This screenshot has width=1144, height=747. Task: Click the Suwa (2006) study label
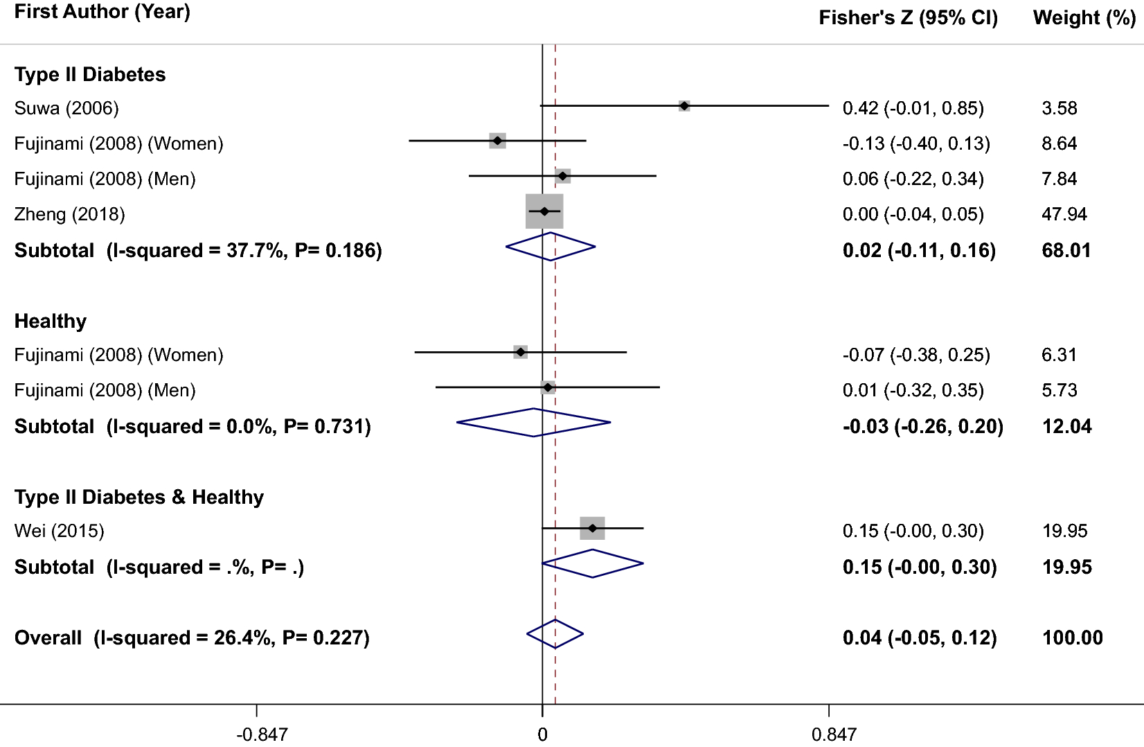click(66, 108)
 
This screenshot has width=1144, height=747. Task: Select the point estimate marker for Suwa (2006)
click(684, 106)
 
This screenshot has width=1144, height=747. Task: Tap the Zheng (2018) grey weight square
click(544, 211)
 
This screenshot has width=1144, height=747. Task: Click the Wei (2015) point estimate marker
click(592, 528)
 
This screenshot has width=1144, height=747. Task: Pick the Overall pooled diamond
click(555, 634)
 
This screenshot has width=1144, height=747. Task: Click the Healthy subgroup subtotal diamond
click(534, 423)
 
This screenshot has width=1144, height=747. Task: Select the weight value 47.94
click(1064, 214)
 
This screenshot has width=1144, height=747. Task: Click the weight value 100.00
click(1072, 638)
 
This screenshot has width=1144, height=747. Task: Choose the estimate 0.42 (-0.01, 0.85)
click(913, 108)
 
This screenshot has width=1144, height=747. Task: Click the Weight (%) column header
click(1084, 18)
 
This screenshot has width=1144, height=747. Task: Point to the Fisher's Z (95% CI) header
click(908, 18)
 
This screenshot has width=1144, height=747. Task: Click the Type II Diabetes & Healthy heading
click(139, 497)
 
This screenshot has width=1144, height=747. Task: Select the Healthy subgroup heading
click(51, 321)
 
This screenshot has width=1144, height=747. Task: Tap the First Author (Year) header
click(102, 12)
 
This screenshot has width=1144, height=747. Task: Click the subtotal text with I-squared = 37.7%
click(198, 250)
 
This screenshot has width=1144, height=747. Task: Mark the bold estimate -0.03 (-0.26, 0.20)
click(922, 426)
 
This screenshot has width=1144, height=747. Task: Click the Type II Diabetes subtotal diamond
click(551, 247)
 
